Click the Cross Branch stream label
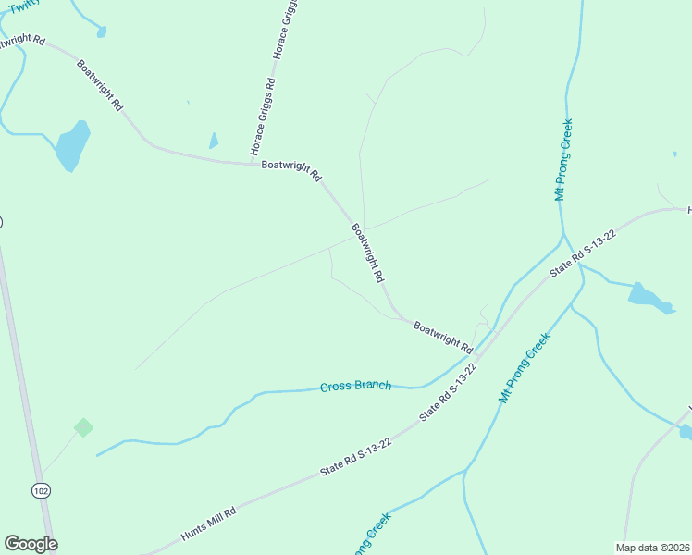tap(355, 386)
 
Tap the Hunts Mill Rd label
tap(209, 524)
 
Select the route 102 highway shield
tap(40, 488)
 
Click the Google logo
tap(31, 544)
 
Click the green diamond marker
tap(83, 427)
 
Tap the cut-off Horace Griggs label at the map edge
tap(283, 30)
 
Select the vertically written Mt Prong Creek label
tap(562, 159)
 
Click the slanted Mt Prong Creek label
tap(525, 367)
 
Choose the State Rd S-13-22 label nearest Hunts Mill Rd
tap(356, 458)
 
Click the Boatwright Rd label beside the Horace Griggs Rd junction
tap(290, 170)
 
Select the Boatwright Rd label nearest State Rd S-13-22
tap(443, 338)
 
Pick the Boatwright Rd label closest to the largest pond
tap(99, 86)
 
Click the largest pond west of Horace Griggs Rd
tap(72, 146)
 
